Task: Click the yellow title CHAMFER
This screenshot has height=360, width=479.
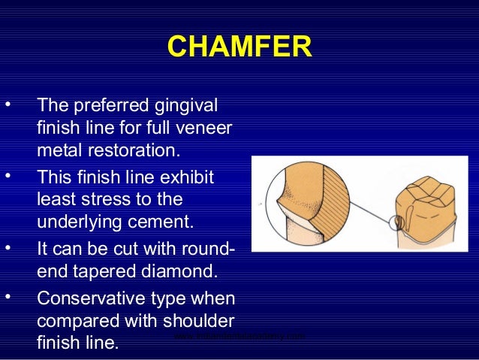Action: (x=239, y=47)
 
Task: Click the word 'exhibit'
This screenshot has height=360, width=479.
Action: (x=186, y=178)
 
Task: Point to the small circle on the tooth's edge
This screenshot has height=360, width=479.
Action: (x=398, y=223)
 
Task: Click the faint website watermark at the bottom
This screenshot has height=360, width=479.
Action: (x=239, y=336)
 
